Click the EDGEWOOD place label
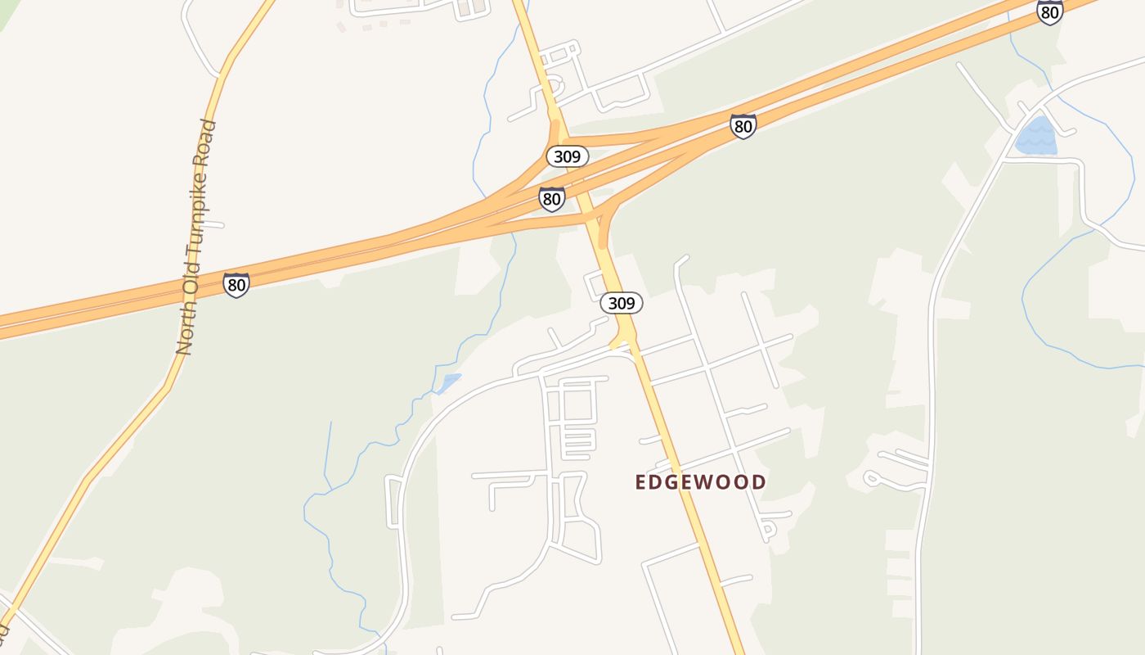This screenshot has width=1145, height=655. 700,482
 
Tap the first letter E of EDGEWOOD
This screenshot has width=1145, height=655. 640,482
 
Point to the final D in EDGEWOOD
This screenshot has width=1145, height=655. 760,482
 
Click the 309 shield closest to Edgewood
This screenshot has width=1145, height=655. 622,303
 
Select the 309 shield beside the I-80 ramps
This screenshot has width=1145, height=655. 567,156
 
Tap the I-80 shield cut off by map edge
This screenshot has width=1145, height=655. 1049,11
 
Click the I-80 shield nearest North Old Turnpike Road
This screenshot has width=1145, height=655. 236,285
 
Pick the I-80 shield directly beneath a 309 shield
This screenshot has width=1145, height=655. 552,198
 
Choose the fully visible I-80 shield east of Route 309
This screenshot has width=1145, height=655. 743,126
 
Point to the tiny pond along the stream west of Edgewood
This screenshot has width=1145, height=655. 448,382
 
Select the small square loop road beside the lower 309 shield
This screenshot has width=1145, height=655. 595,284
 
